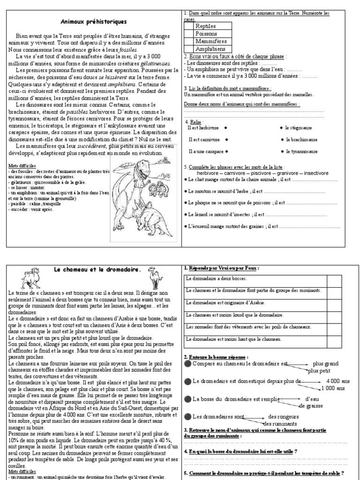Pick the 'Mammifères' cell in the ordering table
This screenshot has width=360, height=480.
(210, 42)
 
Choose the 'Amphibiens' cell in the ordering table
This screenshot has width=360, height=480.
(210, 49)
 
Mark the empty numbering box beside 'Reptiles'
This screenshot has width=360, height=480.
(188, 27)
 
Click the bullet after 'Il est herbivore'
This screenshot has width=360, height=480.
(226, 127)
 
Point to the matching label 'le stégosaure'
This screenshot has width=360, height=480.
(301, 127)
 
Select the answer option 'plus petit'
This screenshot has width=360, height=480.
(317, 370)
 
